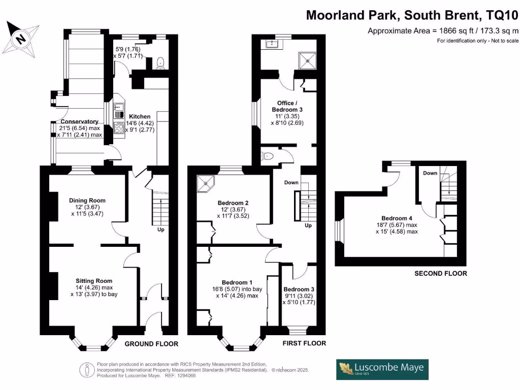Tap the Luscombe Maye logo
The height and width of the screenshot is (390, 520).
pyautogui.click(x=382, y=369)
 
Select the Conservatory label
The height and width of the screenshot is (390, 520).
pyautogui.click(x=79, y=122)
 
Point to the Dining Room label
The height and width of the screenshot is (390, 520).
pyautogui.click(x=87, y=200)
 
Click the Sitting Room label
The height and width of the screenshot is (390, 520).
pyautogui.click(x=94, y=281)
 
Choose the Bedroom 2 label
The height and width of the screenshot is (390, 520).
pyautogui.click(x=233, y=202)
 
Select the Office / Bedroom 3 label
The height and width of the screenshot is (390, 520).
pyautogui.click(x=287, y=106)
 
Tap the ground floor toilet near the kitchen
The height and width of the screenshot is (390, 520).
pyautogui.click(x=160, y=62)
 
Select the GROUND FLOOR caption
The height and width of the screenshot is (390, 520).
pyautogui.click(x=151, y=344)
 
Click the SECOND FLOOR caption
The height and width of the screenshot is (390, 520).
pyautogui.click(x=440, y=273)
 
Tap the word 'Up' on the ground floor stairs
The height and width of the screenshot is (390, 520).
pyautogui.click(x=160, y=230)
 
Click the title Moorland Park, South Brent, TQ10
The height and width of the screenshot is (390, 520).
pyautogui.click(x=412, y=16)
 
